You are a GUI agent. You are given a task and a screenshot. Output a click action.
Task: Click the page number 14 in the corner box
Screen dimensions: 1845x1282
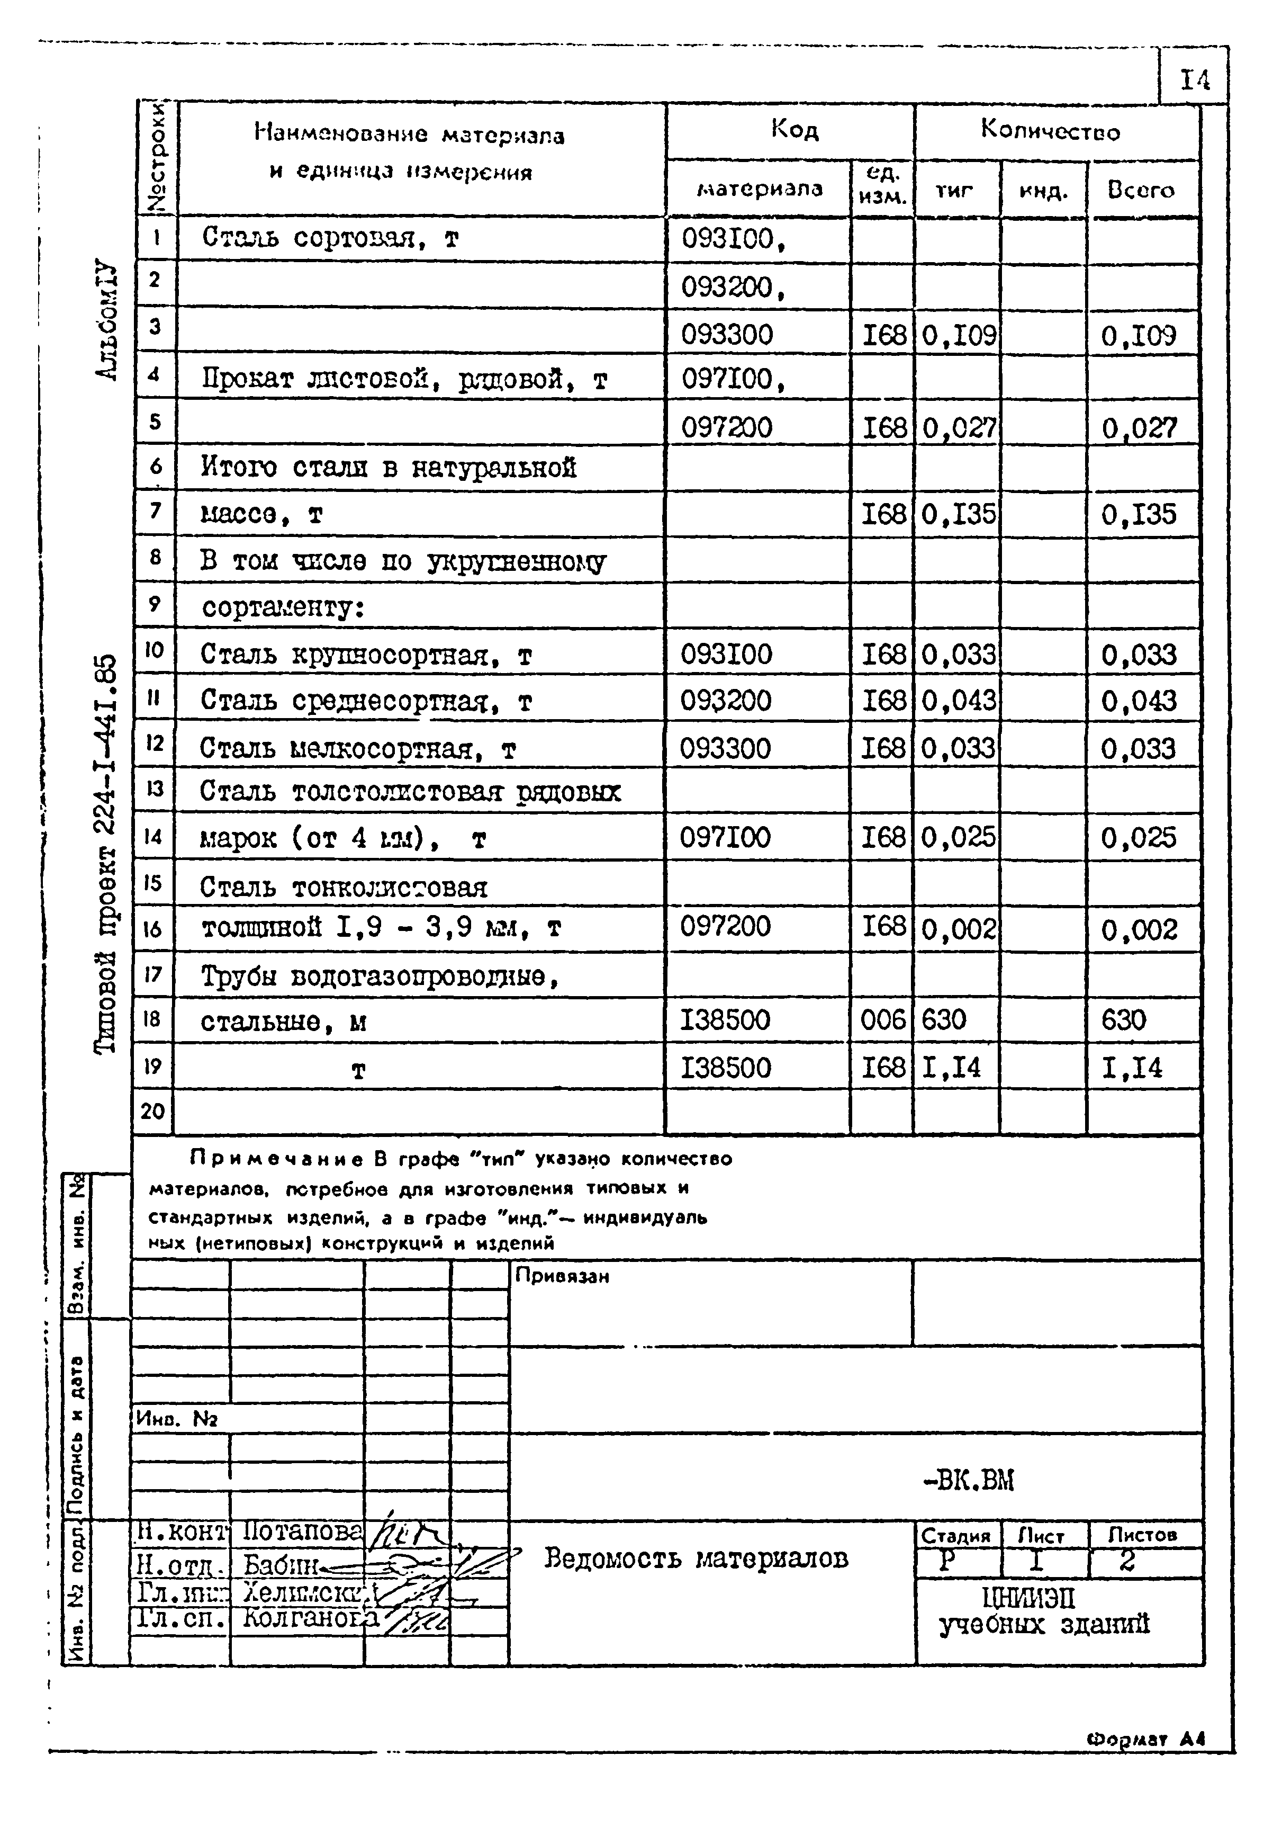click(1195, 79)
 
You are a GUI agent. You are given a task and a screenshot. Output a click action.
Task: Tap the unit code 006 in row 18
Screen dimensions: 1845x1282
click(882, 1020)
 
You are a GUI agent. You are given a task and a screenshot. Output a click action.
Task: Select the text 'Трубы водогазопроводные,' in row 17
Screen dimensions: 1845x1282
click(379, 977)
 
